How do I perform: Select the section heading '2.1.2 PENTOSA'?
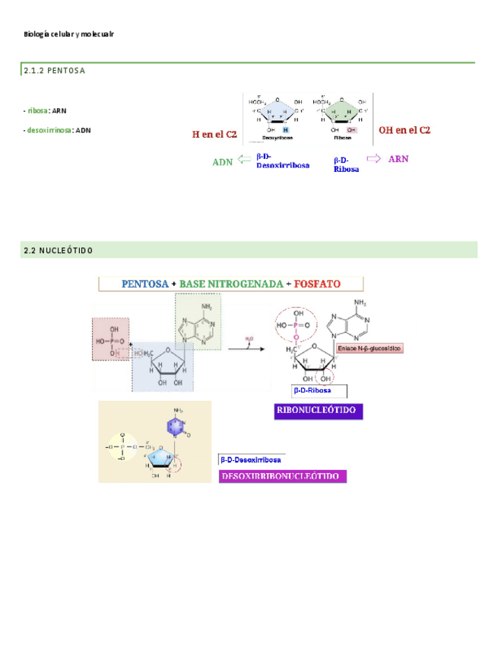click(x=55, y=71)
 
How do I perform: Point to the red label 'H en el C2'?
click(x=214, y=135)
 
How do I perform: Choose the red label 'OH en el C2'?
click(x=404, y=131)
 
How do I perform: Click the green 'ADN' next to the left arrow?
click(x=222, y=162)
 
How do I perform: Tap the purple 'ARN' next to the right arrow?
click(x=398, y=159)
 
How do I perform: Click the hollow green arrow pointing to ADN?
click(x=244, y=160)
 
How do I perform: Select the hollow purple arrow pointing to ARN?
click(x=373, y=158)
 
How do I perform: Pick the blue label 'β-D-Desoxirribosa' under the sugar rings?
click(x=282, y=160)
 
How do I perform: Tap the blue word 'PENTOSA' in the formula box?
click(x=145, y=284)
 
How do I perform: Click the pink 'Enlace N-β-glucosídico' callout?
click(x=369, y=348)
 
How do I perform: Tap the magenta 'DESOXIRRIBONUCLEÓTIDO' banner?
click(x=282, y=477)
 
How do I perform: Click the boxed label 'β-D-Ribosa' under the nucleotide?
click(x=319, y=390)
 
